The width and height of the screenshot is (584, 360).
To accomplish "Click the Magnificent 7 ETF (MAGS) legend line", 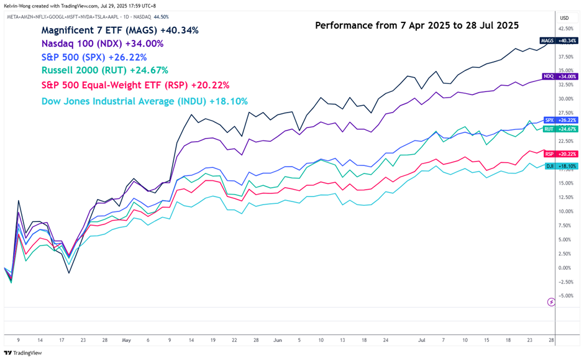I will coord(119,30).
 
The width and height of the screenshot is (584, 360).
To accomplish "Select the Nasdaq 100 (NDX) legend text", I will coord(103,44).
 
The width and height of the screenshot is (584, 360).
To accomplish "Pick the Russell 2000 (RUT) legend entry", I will coord(104,70).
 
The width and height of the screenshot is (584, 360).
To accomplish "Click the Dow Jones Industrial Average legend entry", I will coord(144,101).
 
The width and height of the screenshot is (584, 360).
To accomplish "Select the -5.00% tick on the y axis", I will coord(565,296).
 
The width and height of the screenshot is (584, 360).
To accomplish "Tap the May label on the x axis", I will coord(127,340).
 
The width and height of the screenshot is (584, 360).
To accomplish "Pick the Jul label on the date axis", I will coord(421,340).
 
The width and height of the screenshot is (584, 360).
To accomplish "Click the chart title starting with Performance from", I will coord(417,25).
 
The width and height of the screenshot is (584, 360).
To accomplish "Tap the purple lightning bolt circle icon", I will coord(551,302).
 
